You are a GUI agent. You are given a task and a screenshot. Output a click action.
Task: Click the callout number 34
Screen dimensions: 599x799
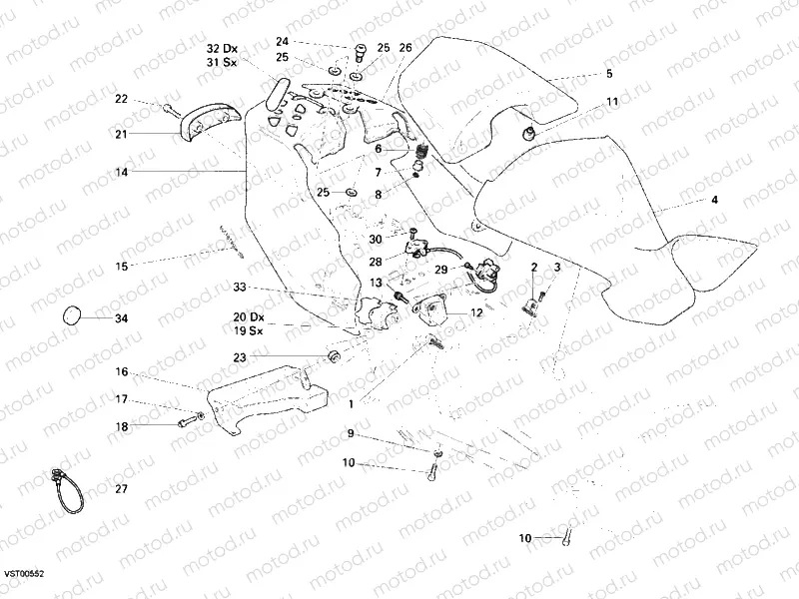click(121, 319)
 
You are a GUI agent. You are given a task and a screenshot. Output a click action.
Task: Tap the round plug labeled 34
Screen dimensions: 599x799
click(72, 314)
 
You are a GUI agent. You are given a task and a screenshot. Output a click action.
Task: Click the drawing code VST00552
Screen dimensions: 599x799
click(22, 576)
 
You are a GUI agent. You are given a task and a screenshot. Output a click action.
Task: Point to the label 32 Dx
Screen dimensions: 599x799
click(223, 48)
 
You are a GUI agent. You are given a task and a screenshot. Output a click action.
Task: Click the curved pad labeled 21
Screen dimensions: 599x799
click(206, 121)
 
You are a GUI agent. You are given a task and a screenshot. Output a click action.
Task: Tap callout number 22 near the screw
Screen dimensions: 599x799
click(121, 98)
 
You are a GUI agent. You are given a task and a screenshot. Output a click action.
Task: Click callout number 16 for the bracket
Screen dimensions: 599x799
click(121, 371)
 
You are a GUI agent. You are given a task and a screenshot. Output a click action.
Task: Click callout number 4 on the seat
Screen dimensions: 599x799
click(714, 200)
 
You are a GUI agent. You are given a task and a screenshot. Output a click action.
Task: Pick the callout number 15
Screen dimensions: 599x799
click(121, 267)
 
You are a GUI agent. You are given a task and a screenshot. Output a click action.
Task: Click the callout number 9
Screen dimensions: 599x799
click(352, 433)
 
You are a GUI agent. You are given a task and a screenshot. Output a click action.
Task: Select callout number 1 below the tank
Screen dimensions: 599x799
click(352, 404)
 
